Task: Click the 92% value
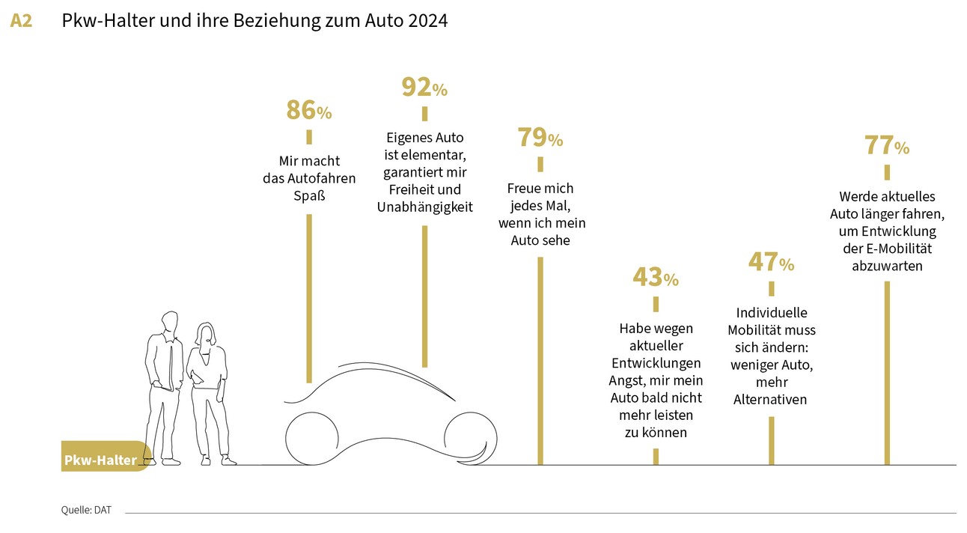click(x=424, y=88)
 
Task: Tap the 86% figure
click(x=308, y=111)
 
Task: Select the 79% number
click(x=540, y=138)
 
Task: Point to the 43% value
click(x=655, y=278)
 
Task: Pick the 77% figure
click(x=886, y=146)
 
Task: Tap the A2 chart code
click(x=21, y=21)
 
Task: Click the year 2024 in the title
click(x=428, y=21)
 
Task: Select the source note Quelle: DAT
click(x=86, y=511)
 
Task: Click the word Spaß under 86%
click(x=308, y=197)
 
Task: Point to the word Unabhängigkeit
click(x=424, y=207)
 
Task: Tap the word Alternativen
click(x=771, y=400)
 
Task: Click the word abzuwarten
click(x=886, y=265)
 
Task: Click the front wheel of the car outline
click(x=469, y=437)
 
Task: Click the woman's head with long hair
click(x=204, y=335)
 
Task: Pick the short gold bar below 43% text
click(x=656, y=456)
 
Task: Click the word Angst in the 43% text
click(x=626, y=380)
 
